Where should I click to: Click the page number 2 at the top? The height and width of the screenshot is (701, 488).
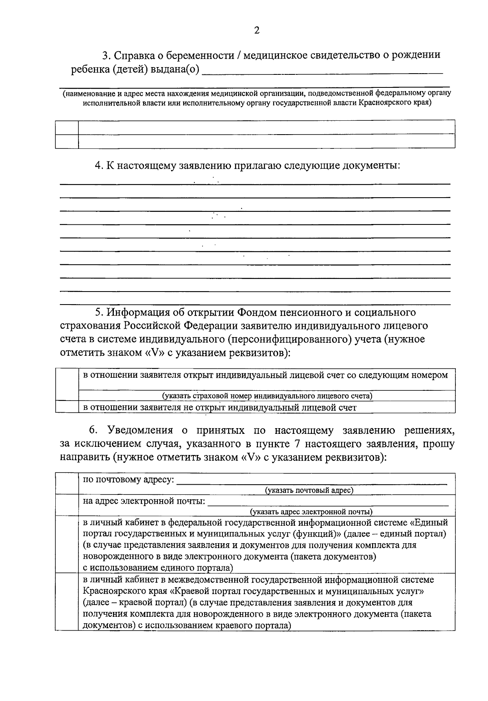(257, 30)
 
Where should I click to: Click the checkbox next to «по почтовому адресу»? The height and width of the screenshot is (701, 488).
(67, 484)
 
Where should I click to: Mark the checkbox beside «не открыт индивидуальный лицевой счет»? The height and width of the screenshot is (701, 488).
(67, 407)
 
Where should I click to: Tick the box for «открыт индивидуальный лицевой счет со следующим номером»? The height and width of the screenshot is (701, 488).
(67, 385)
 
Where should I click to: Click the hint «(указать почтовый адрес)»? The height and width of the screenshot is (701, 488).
(309, 490)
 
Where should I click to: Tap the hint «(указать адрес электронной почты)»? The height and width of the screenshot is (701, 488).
(312, 512)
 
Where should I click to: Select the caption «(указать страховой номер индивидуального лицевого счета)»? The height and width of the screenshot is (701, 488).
(267, 396)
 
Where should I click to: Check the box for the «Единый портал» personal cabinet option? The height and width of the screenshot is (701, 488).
(67, 544)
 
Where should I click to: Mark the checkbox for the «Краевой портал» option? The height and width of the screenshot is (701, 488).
(67, 602)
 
